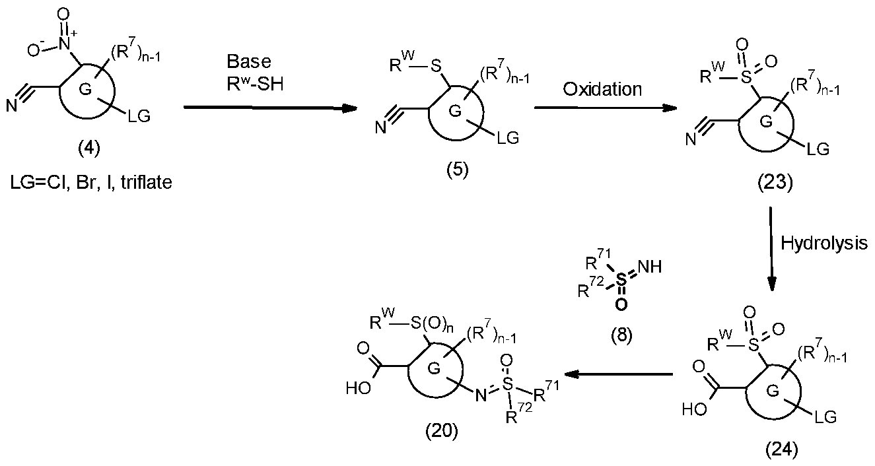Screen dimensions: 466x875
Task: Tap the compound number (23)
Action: (775, 182)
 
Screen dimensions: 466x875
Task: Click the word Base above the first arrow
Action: (249, 61)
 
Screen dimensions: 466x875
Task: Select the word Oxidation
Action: (602, 89)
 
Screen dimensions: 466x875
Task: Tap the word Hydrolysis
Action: (824, 243)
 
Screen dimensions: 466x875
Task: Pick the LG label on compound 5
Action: (508, 138)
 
